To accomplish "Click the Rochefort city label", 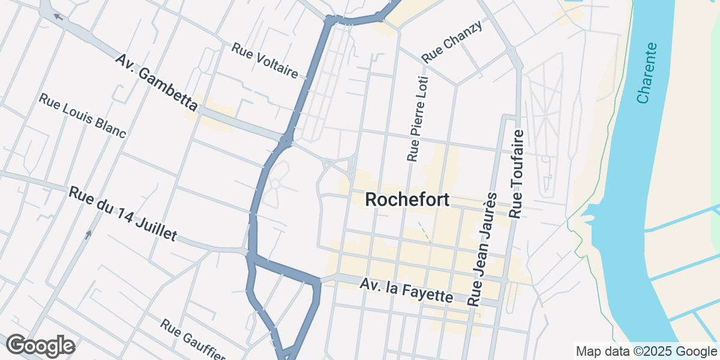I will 407,200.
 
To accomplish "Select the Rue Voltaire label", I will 265,61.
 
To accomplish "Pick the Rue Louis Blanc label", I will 82,115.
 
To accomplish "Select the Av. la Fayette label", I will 407,290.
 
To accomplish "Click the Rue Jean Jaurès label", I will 482,250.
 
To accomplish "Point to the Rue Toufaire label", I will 517,173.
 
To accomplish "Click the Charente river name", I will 647,73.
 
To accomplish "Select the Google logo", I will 40,346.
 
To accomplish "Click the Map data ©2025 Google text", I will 646,351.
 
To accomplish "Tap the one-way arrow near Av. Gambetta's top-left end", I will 58,16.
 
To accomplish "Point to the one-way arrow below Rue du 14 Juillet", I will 88,234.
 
